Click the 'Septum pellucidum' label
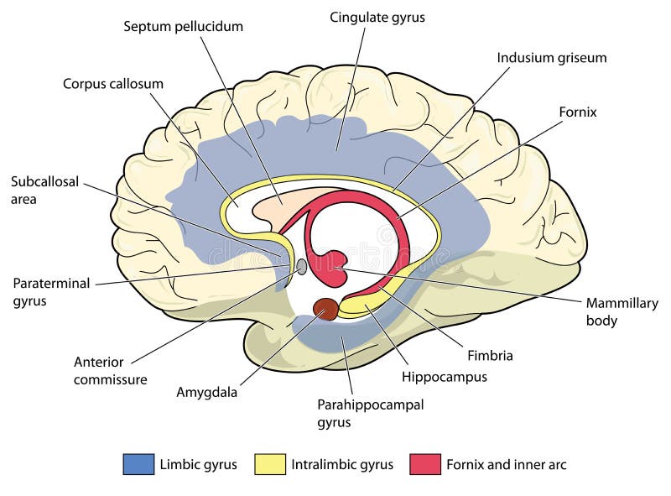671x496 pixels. pyautogui.click(x=183, y=26)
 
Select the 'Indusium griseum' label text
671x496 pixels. pyautogui.click(x=551, y=58)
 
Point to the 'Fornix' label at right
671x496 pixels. pyautogui.click(x=578, y=111)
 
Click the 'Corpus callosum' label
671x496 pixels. pyautogui.click(x=112, y=84)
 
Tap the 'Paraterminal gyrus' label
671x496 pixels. pyautogui.click(x=50, y=291)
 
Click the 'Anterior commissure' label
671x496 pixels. pyautogui.click(x=110, y=370)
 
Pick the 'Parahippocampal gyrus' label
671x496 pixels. pyautogui.click(x=370, y=413)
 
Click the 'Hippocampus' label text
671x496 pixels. pyautogui.click(x=444, y=377)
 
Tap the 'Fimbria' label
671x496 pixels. pyautogui.click(x=491, y=355)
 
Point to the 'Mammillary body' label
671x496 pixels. pyautogui.click(x=622, y=311)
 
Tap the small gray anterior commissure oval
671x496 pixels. pyautogui.click(x=301, y=268)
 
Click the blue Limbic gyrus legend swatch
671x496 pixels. pyautogui.click(x=138, y=464)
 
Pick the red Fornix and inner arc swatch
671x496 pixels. pyautogui.click(x=425, y=464)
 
